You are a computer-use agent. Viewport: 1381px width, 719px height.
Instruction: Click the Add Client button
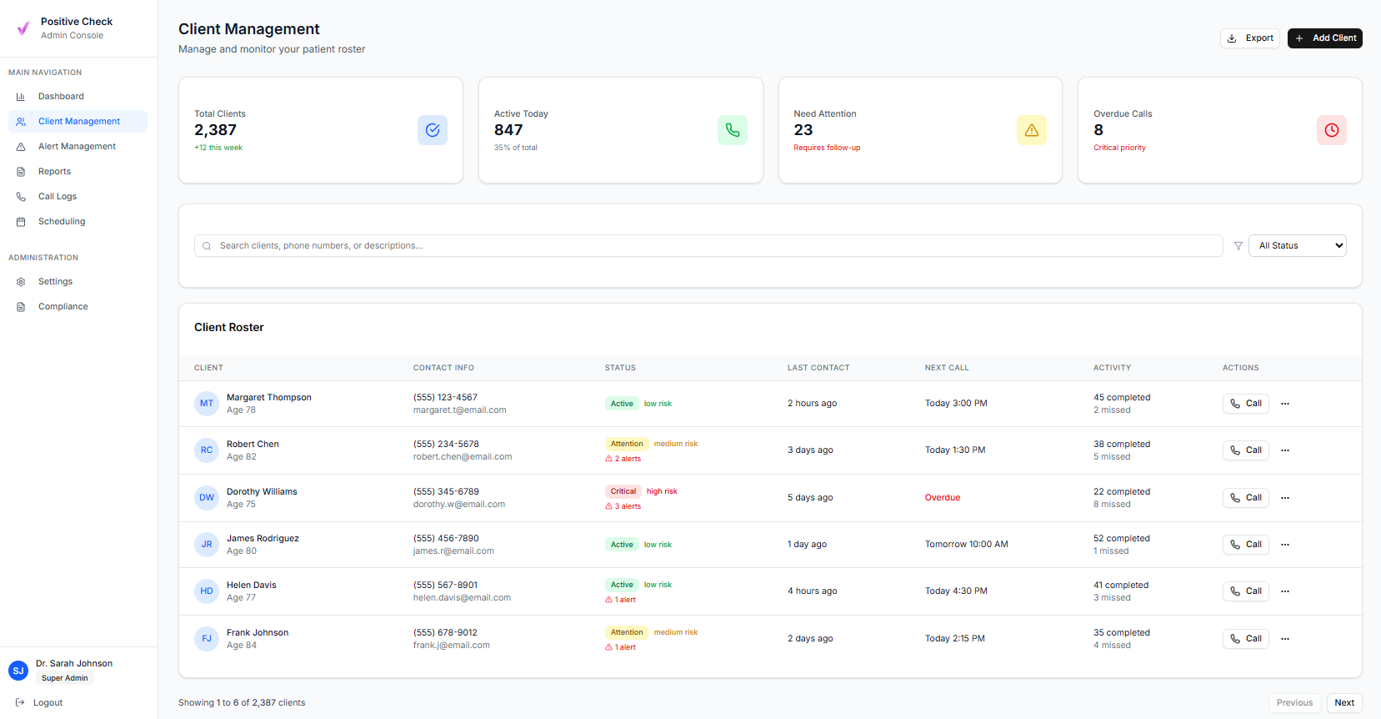click(x=1324, y=38)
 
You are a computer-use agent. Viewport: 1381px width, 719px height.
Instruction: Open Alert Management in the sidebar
click(x=77, y=147)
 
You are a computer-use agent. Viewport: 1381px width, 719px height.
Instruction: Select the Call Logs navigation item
click(x=57, y=197)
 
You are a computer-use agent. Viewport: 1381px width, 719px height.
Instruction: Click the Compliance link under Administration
click(x=63, y=307)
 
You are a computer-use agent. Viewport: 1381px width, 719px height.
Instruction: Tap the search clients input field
click(x=708, y=246)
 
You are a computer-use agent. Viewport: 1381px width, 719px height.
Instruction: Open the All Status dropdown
click(x=1297, y=246)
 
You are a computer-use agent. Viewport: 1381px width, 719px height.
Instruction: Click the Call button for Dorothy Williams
click(x=1245, y=498)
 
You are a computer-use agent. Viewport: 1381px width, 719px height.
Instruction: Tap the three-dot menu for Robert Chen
click(x=1285, y=450)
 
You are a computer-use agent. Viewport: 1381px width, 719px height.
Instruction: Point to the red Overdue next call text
click(x=943, y=498)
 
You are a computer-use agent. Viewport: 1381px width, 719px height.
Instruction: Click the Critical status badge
click(x=623, y=491)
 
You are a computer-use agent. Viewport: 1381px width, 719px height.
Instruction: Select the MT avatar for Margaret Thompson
click(x=207, y=404)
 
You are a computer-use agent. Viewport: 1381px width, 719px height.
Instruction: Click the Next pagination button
click(x=1343, y=703)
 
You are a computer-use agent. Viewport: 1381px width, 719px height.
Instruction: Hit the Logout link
click(x=48, y=703)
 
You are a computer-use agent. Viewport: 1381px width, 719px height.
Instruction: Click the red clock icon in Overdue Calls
click(x=1331, y=130)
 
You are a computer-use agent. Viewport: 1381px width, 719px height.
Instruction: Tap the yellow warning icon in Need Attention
click(x=1031, y=130)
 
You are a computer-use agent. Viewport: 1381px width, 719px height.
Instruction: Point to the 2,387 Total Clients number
click(x=216, y=130)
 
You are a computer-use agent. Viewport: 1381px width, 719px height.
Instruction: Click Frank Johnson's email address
click(x=452, y=646)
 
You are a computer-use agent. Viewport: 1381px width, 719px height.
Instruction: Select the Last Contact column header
click(x=818, y=368)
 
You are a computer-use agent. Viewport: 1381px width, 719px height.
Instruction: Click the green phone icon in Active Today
click(x=732, y=130)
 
